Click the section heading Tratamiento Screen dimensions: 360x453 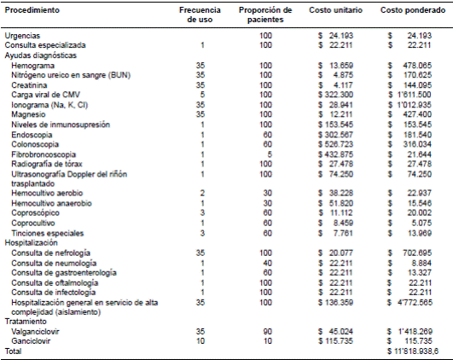point(26,321)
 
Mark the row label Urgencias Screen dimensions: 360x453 point(23,35)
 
